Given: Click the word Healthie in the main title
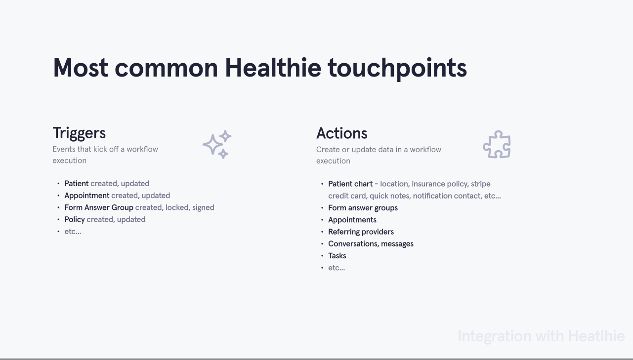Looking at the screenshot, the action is (273, 68).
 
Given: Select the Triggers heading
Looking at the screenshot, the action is (79, 133).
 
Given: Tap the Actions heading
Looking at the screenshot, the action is (341, 133).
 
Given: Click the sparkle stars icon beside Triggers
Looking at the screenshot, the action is (217, 144).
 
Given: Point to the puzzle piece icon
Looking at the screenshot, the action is (497, 144).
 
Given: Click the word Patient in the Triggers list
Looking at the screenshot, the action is (76, 184).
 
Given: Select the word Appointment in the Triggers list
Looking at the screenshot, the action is (87, 196).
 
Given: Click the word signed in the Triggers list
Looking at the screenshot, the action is (203, 208).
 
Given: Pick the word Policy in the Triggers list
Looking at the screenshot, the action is (75, 220).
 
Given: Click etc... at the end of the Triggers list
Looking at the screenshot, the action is (73, 232).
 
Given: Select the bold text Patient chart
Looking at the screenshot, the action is (350, 184).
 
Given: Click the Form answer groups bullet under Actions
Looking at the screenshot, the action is (363, 208).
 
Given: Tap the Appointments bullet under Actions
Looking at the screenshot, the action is (352, 220).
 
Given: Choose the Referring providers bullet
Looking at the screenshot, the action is (361, 232).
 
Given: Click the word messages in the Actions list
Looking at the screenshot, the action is (397, 244).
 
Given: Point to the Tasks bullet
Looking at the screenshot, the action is (337, 256).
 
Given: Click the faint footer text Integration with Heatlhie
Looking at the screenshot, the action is (541, 336).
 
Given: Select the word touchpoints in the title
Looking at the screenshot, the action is (397, 69).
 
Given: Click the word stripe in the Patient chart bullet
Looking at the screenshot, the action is (480, 184).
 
